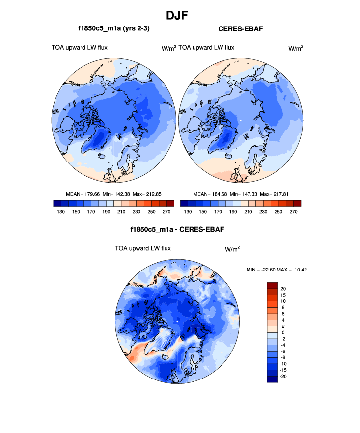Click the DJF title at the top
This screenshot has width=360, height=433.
(x=180, y=15)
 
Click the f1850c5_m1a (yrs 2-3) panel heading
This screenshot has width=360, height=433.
(x=113, y=29)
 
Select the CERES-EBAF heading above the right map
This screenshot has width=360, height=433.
(x=241, y=29)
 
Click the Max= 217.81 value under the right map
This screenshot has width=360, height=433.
(x=276, y=194)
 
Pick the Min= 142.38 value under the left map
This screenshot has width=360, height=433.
(x=116, y=194)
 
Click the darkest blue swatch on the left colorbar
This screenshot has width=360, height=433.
(x=56, y=203)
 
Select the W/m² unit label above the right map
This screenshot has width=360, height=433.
(x=295, y=48)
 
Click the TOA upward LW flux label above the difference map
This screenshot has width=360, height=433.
(x=142, y=248)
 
